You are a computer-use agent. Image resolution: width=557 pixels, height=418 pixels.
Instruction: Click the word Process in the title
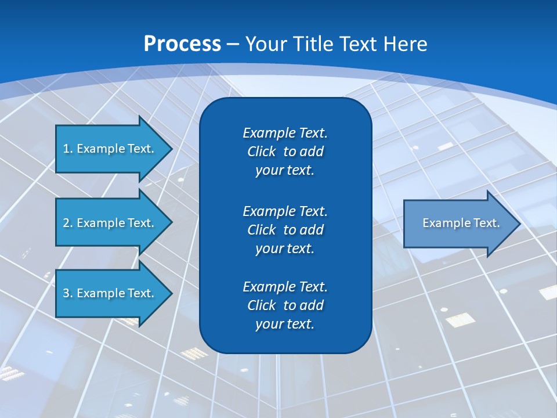tap(182, 44)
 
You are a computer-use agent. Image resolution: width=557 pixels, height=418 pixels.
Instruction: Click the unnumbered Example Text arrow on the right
tap(461, 223)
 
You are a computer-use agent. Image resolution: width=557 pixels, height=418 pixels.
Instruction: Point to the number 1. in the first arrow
tap(68, 149)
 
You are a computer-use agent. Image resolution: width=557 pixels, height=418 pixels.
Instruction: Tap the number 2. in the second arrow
tap(68, 223)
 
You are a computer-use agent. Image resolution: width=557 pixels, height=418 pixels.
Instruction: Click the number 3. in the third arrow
tap(68, 293)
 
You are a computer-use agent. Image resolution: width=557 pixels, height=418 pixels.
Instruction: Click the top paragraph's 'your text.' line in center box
tap(285, 171)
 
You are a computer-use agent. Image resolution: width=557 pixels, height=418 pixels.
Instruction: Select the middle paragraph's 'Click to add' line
tap(285, 230)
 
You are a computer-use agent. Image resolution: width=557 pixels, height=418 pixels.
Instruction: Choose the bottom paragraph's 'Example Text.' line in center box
tap(285, 287)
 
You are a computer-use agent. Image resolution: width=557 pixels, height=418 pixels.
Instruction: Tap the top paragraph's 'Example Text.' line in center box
tap(285, 133)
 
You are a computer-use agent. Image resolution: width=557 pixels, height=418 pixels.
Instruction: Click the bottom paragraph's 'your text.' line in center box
tap(285, 325)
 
